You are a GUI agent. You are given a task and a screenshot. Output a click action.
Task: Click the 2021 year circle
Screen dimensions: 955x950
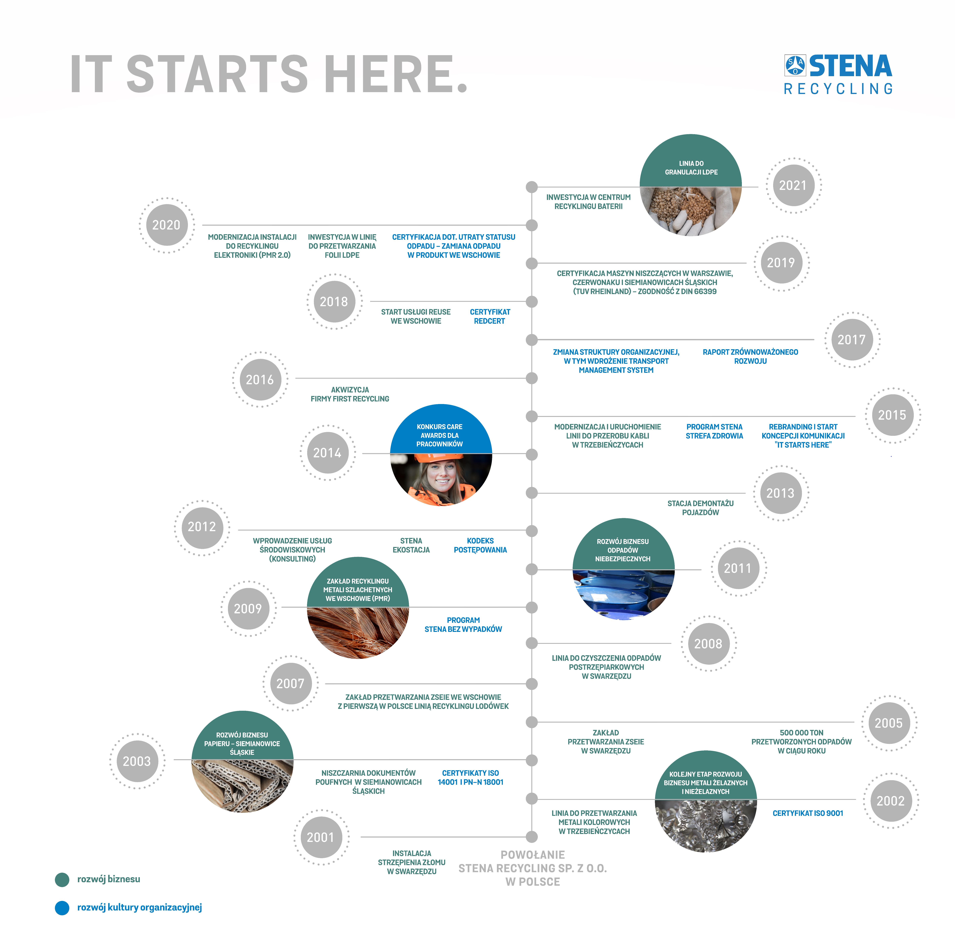[x=793, y=186]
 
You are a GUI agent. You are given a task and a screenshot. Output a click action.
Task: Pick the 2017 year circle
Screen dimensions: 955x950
[x=851, y=340]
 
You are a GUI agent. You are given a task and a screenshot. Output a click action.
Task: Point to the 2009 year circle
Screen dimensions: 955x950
[x=248, y=609]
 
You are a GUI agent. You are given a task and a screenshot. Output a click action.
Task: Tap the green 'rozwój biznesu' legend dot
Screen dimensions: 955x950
[x=62, y=879]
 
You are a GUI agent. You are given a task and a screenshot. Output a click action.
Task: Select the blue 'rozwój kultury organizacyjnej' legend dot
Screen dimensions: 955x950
[x=62, y=907]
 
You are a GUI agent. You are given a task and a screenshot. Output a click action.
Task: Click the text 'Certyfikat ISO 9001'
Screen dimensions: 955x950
[x=808, y=813]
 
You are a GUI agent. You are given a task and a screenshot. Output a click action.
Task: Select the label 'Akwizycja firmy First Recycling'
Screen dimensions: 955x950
[x=350, y=394]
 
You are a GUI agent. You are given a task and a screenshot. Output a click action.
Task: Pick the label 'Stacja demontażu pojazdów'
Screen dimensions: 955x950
[x=700, y=508]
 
